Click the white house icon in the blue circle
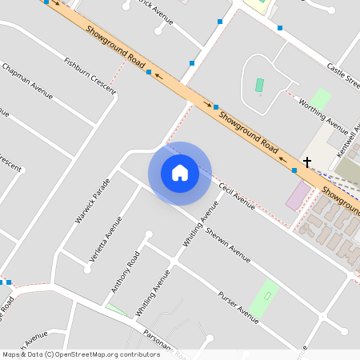(x=180, y=172)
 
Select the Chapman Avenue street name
(x=28, y=82)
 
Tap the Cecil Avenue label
(x=236, y=196)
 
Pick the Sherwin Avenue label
(x=228, y=244)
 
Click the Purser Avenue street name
(x=238, y=307)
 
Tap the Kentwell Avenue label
(x=350, y=140)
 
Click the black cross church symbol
(x=306, y=162)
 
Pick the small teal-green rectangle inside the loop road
(x=259, y=85)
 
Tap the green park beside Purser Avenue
(x=264, y=298)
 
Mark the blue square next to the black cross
(x=295, y=170)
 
